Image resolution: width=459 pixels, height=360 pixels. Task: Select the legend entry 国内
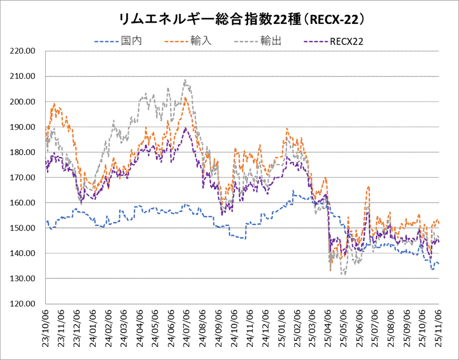131,41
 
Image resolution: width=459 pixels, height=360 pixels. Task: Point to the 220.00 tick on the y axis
23,51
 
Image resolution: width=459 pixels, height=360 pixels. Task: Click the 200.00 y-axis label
23,102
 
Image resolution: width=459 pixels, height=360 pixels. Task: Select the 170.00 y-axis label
23,177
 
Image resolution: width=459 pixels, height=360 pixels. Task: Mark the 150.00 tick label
23,228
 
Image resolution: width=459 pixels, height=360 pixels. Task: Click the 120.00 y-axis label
23,304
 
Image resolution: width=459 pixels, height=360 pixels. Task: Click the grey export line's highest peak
185,80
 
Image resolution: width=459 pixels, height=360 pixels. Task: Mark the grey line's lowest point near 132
343,275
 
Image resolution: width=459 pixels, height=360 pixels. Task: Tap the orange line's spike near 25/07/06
368,187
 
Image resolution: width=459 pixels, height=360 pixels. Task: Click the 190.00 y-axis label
23,127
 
